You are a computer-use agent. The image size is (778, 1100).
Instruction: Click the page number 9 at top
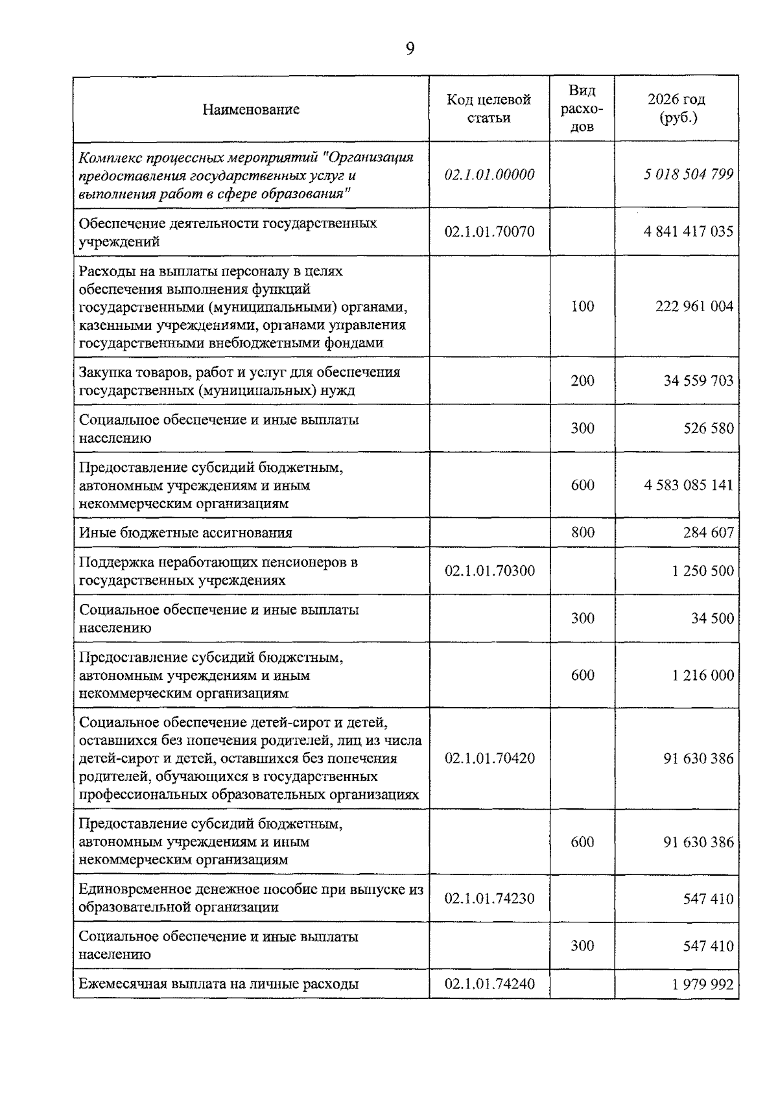coord(410,49)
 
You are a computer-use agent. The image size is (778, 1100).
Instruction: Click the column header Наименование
coord(251,109)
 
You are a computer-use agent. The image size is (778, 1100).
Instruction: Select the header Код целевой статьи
coord(489,108)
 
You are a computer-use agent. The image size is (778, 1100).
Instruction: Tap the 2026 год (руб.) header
coord(676,108)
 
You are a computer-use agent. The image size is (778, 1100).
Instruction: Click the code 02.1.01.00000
coord(489,174)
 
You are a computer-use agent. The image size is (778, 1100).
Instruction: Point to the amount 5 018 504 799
coord(689,174)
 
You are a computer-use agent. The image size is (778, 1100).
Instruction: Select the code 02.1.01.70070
coord(489,231)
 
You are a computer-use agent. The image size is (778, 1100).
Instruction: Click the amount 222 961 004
coord(694,307)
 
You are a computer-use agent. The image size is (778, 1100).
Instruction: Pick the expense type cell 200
coord(582,380)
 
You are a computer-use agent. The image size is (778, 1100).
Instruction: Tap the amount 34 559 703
coord(698,380)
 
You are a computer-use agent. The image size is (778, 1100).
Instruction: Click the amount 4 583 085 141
coord(689,485)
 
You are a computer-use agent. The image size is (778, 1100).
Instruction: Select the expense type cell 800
coord(582,533)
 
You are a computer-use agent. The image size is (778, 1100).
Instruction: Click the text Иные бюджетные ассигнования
coord(185,533)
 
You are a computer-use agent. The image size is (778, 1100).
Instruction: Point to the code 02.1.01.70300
coord(489,571)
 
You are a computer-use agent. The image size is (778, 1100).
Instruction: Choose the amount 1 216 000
coord(703,675)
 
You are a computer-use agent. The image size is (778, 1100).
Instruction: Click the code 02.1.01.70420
coord(489,758)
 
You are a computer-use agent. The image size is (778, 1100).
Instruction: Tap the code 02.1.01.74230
coord(489,899)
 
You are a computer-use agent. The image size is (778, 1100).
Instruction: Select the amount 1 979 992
coord(703,985)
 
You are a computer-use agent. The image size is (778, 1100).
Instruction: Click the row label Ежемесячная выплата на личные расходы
coord(218,984)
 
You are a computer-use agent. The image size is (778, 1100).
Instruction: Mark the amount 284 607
coord(708,533)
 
